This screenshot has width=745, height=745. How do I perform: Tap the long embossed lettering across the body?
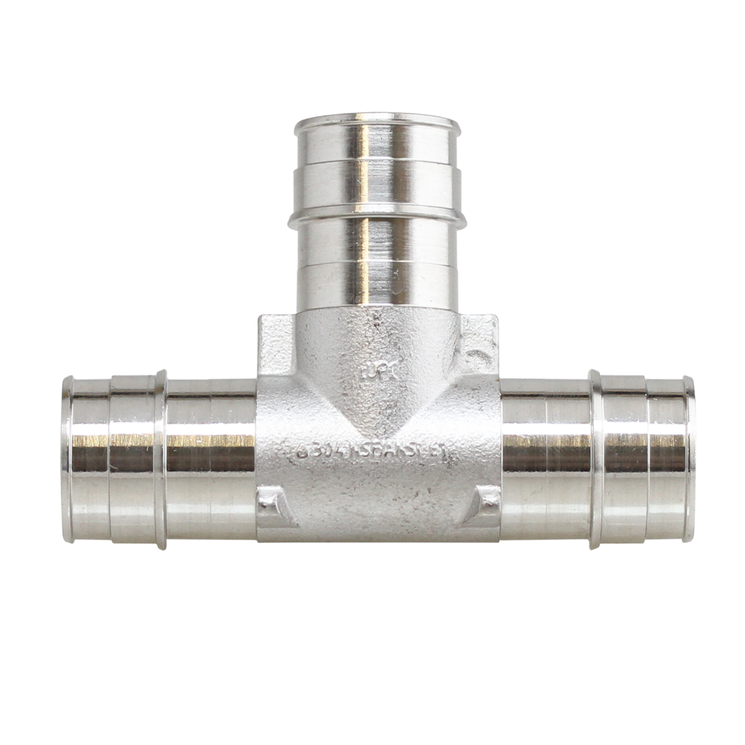[373, 453]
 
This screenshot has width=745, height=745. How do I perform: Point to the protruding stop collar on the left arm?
[161, 458]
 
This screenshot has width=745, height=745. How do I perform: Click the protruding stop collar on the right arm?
[595, 458]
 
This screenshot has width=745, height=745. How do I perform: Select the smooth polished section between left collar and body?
[211, 458]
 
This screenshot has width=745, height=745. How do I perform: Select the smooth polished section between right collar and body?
[546, 458]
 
